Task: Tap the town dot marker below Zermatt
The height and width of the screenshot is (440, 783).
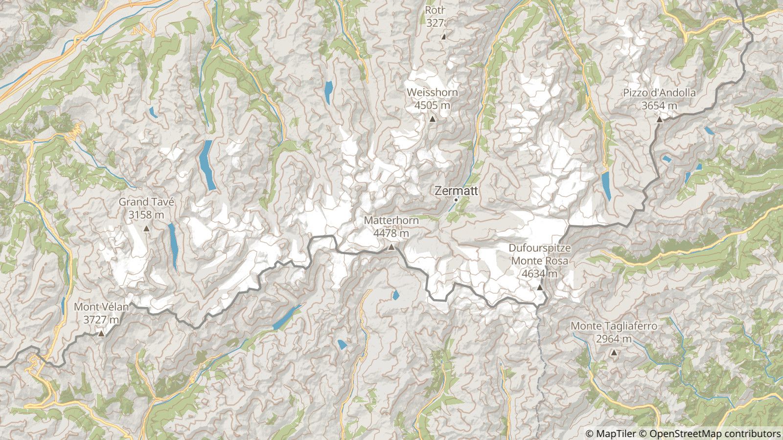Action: point(456,199)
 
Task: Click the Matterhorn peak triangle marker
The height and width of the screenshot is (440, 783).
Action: point(391,247)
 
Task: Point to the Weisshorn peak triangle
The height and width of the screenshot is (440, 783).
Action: point(433,119)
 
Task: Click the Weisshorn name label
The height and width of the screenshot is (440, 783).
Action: point(433,92)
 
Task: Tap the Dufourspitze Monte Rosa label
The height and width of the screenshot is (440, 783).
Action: point(539,255)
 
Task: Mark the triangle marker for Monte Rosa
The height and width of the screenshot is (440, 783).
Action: point(540,287)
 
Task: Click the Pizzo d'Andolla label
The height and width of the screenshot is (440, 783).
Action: point(659,93)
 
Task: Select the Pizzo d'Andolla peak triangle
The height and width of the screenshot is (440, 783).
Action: point(659,119)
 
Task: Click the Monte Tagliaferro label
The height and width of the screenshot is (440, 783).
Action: point(614,326)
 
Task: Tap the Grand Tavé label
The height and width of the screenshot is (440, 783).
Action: point(146,201)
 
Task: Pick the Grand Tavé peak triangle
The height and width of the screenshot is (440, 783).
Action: point(146,228)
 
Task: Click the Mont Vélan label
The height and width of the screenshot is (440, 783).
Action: point(101,307)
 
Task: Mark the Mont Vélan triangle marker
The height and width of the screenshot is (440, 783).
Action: point(101,334)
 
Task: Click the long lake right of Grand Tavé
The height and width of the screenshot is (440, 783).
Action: point(173,247)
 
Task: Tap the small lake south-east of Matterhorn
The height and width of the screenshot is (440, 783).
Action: point(395,295)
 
